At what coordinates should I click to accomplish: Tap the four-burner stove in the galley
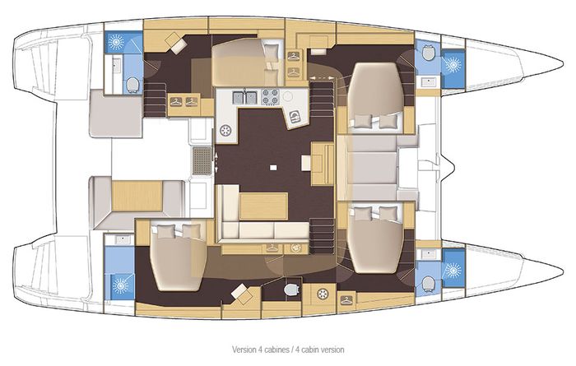click(x=269, y=97)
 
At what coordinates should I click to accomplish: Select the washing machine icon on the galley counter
click(x=224, y=130)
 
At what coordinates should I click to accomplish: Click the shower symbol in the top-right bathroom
click(x=452, y=63)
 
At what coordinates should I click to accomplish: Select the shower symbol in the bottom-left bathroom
click(x=121, y=285)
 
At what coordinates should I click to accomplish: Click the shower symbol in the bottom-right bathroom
click(x=452, y=268)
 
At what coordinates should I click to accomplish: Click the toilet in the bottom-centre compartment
click(x=288, y=290)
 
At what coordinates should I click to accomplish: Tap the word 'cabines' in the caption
click(x=260, y=348)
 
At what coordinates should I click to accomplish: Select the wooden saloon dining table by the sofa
click(x=263, y=204)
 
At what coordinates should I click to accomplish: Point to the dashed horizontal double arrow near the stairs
click(x=323, y=76)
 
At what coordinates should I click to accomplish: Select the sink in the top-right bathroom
click(x=427, y=82)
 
